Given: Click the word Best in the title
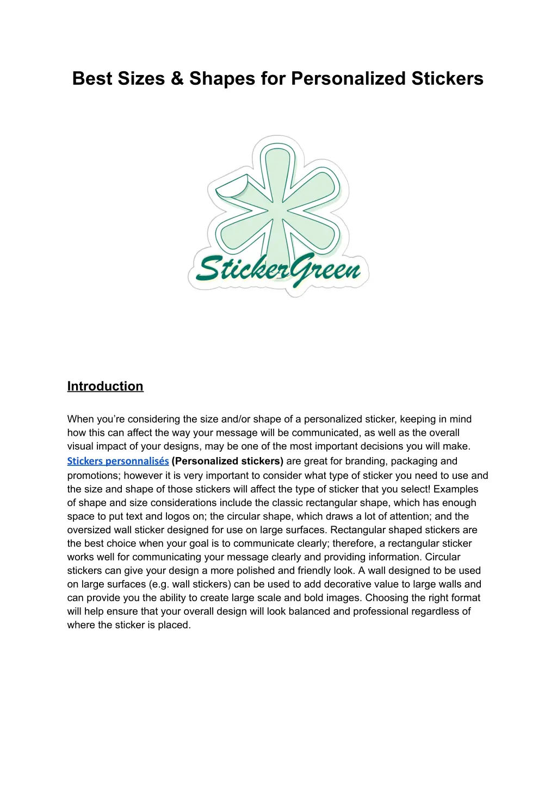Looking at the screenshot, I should click(91, 78).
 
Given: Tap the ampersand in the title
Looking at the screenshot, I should click(177, 78).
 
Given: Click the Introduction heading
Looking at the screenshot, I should click(105, 386).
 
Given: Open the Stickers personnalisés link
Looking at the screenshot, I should click(117, 461).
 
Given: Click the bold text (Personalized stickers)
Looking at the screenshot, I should click(227, 461).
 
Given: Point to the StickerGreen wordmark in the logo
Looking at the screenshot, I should click(278, 270).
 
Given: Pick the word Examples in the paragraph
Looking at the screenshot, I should click(456, 489).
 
